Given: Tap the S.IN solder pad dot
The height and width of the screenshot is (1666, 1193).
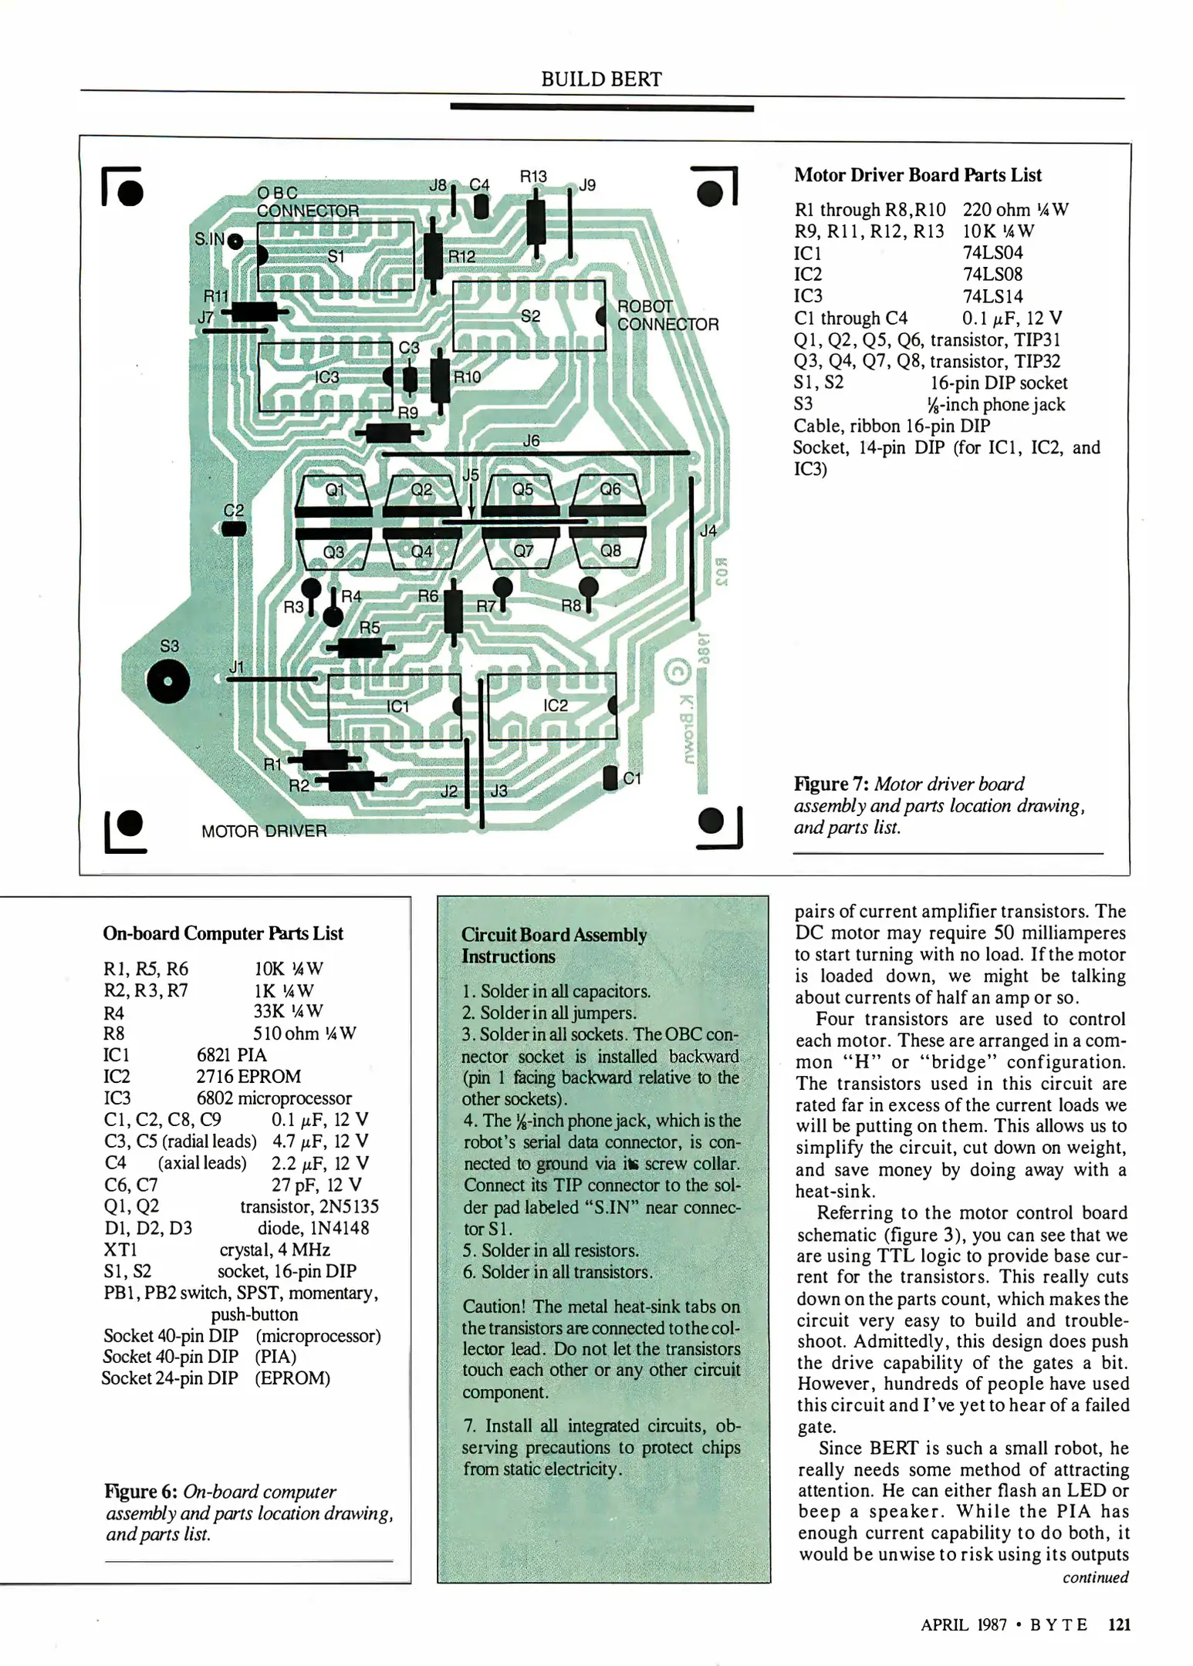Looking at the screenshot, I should [x=236, y=241].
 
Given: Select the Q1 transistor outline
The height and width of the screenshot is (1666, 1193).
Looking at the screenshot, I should [x=333, y=492].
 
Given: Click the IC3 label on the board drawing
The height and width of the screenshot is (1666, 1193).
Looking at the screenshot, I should [x=326, y=377].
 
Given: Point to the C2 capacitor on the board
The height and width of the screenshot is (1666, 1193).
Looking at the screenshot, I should [x=234, y=528].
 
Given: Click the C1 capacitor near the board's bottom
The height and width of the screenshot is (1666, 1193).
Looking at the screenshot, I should [x=610, y=777].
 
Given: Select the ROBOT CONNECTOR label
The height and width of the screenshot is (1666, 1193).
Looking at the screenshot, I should [x=667, y=315].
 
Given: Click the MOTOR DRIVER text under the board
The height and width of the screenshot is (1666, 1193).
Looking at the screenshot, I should [x=264, y=831].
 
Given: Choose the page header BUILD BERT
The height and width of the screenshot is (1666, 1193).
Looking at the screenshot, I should [x=601, y=79].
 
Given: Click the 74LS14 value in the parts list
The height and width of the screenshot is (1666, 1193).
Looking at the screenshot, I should [x=992, y=296].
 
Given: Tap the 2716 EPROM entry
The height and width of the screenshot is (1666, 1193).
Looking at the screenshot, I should [x=248, y=1076].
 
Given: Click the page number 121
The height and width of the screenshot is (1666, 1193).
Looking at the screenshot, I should [x=1119, y=1624].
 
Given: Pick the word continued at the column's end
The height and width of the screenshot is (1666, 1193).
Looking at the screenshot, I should [x=1095, y=1577].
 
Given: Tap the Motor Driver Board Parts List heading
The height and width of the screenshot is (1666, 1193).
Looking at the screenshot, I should [x=918, y=175].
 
